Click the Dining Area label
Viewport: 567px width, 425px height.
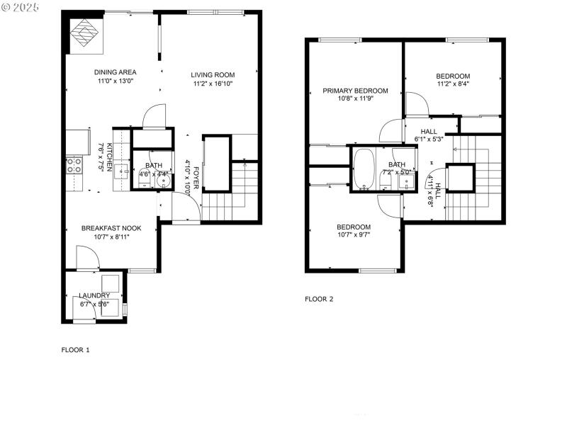[x=116, y=72]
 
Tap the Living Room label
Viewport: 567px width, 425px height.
[x=213, y=74]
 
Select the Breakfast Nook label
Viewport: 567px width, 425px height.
[x=111, y=228]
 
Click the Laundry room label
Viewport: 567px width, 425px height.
[x=94, y=295]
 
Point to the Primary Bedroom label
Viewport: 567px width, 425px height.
[x=355, y=91]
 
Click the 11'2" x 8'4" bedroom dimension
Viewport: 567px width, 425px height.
[x=453, y=84]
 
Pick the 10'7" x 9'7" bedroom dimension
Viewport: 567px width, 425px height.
[x=354, y=235]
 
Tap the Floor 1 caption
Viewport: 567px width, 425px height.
[x=76, y=350]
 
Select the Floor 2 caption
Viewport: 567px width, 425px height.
[x=319, y=299]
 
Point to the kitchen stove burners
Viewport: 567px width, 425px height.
[x=74, y=166]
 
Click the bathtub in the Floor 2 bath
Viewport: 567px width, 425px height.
[x=364, y=170]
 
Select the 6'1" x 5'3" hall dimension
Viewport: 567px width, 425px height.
[x=429, y=140]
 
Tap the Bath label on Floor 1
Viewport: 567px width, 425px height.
[x=154, y=166]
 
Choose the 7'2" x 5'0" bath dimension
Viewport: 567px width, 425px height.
[x=397, y=172]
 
